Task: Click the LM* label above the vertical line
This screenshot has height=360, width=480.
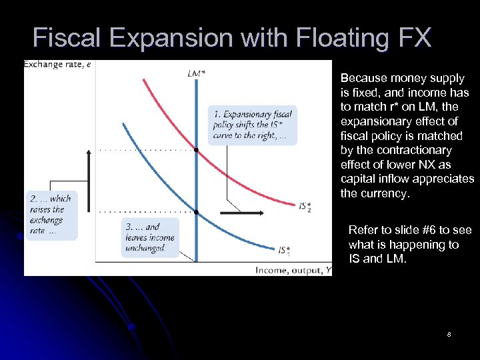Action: click(x=196, y=73)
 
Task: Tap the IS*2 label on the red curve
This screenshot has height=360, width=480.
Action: click(x=305, y=207)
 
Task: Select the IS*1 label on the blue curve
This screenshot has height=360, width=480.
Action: click(x=285, y=251)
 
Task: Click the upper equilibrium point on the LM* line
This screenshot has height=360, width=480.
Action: click(x=196, y=150)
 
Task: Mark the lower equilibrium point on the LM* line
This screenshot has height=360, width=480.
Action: click(x=196, y=212)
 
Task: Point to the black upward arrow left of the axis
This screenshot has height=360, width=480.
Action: click(x=88, y=167)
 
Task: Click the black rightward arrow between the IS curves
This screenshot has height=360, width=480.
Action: click(x=240, y=213)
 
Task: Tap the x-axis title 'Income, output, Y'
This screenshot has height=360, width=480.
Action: click(x=292, y=269)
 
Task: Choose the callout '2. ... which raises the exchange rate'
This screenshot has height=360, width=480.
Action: click(x=51, y=215)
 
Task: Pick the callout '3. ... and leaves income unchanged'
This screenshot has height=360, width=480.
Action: click(x=150, y=238)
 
